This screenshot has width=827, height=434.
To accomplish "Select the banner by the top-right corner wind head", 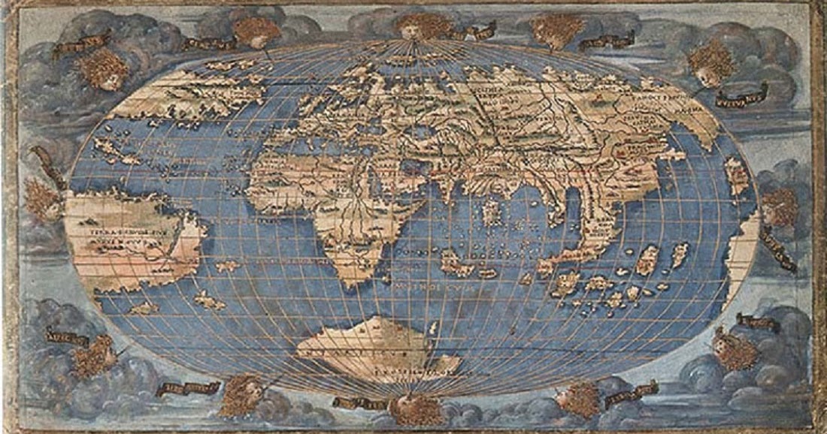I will [x=741, y=96].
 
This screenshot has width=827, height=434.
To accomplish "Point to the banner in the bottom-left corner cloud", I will [x=68, y=338].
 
